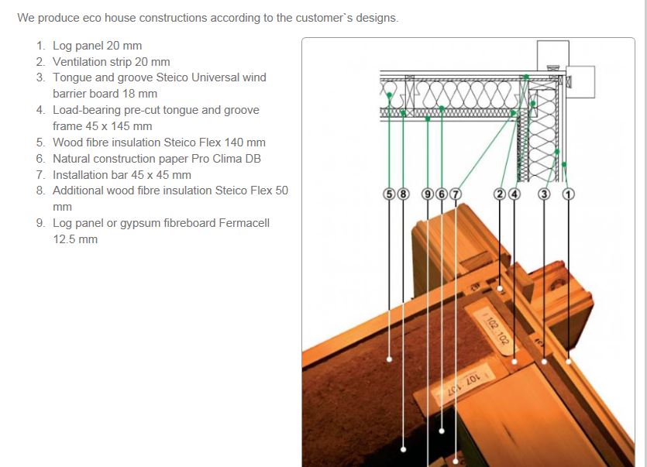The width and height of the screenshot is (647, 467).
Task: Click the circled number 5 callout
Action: click(x=389, y=194)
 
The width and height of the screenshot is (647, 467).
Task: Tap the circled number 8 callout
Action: click(x=403, y=194)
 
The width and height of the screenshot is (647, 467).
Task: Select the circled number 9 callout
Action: click(x=428, y=194)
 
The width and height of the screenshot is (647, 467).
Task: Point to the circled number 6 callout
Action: click(x=442, y=194)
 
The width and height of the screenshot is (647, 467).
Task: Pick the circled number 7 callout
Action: click(x=455, y=194)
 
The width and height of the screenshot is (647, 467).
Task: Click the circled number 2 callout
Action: click(x=500, y=194)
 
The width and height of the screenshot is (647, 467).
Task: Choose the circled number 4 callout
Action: click(x=515, y=194)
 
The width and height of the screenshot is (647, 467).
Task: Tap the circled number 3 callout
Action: click(x=544, y=194)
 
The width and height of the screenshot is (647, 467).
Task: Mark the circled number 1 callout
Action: click(x=568, y=194)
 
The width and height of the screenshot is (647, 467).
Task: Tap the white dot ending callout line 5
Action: click(x=389, y=359)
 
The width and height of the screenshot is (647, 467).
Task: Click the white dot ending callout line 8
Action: click(x=403, y=449)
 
